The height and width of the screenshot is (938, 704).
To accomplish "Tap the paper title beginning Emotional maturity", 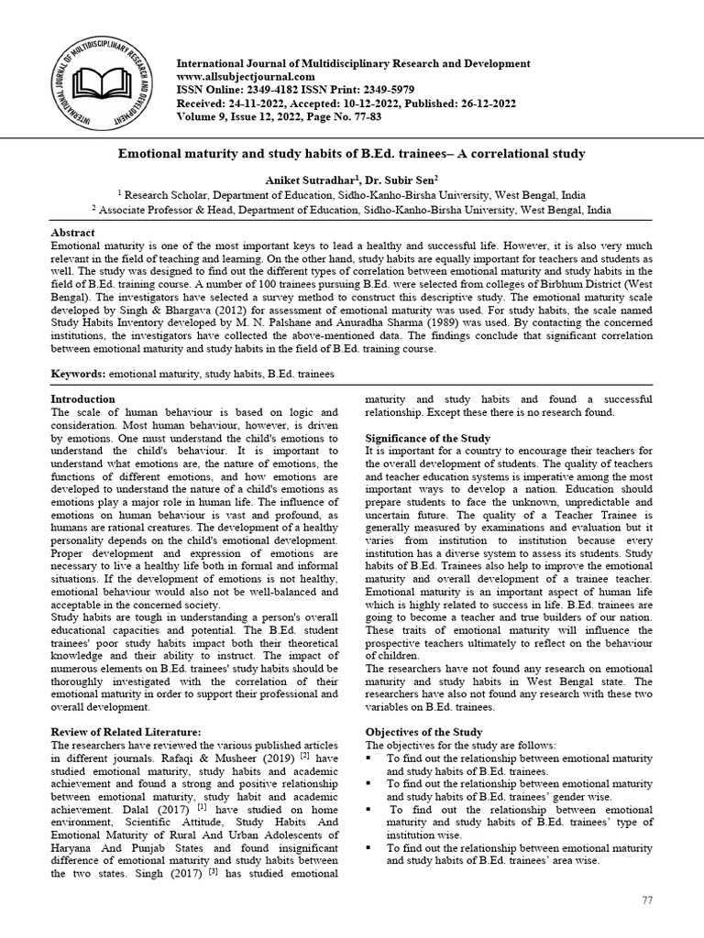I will click(351, 154).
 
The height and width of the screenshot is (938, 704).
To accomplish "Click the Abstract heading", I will click(72, 234).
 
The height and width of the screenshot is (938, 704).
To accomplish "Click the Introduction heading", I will click(82, 399).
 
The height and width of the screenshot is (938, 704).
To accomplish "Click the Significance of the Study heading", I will click(427, 439).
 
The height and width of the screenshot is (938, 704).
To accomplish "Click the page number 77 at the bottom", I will click(646, 900).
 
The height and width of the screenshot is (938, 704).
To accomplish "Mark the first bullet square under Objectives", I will click(369, 759).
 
